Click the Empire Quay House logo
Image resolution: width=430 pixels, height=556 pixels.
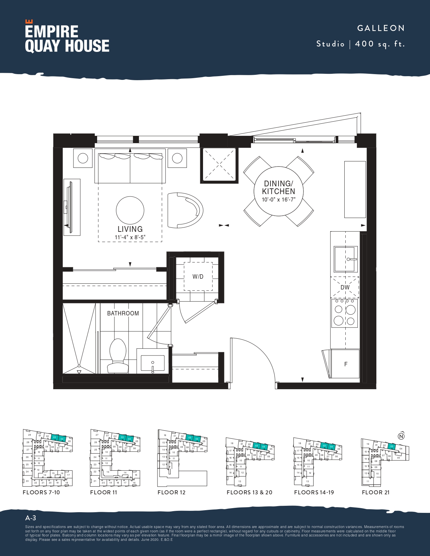point(67,37)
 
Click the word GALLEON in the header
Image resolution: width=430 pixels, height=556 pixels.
point(381,28)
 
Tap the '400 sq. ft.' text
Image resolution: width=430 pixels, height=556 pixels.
point(380,44)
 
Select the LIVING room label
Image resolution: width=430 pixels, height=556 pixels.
point(130,229)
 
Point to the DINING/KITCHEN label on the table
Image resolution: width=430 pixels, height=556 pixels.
point(279,188)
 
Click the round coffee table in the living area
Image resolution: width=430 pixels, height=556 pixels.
point(130,210)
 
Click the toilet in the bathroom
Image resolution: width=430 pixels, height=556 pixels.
point(118,357)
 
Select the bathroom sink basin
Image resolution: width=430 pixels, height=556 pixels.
point(152,363)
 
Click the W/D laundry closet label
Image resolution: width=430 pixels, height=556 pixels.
point(198,277)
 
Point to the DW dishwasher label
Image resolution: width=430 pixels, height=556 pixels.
point(345,287)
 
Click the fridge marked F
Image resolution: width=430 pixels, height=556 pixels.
point(345,364)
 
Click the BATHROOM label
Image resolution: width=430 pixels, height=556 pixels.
point(123,313)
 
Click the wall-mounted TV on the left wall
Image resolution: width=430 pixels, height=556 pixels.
point(70,207)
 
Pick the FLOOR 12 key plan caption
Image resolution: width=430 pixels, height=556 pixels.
point(171,492)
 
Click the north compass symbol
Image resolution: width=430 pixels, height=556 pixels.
point(401,436)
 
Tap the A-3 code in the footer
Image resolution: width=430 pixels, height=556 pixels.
point(31,518)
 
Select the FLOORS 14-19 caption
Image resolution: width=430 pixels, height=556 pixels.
point(314,492)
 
